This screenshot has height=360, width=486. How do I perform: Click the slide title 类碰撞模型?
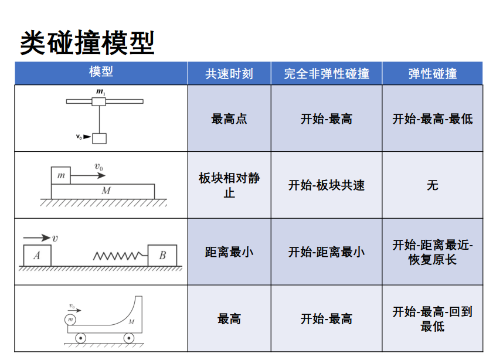click(88, 43)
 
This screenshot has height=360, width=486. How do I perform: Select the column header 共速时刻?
click(229, 73)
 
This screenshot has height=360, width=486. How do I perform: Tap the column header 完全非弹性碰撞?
click(327, 73)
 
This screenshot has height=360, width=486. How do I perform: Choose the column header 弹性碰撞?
click(433, 73)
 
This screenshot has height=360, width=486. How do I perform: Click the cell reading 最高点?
click(229, 118)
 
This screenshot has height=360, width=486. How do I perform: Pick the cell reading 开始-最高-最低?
click(433, 118)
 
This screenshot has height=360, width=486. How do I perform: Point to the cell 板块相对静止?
click(229, 185)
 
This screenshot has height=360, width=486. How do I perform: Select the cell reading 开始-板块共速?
click(327, 185)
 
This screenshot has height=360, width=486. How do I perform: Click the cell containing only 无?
click(433, 185)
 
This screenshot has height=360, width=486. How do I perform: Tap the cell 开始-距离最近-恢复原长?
click(433, 252)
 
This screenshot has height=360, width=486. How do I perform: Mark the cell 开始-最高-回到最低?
click(433, 319)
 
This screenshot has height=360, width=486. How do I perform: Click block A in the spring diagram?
click(37, 255)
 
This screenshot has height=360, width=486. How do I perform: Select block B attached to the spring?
click(162, 255)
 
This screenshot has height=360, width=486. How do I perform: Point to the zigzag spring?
click(117, 256)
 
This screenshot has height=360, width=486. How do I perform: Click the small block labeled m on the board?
click(61, 175)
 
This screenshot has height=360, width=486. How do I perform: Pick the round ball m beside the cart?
click(71, 319)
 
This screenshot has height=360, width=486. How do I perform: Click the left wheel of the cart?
click(80, 338)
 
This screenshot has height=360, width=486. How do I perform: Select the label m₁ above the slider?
click(100, 92)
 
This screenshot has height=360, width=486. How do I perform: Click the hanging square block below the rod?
click(100, 138)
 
